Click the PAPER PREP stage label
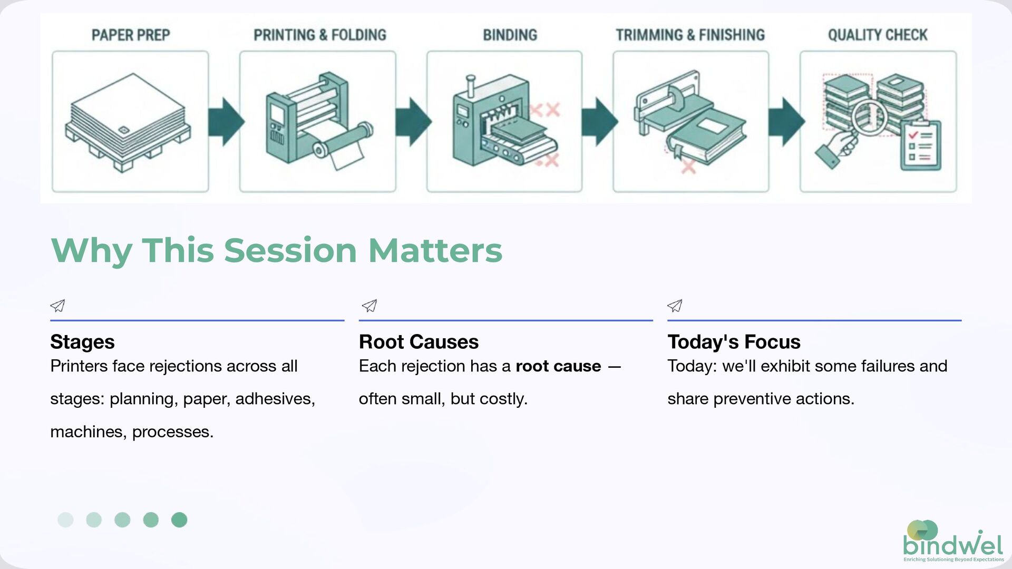pyautogui.click(x=131, y=35)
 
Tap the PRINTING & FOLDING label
pyautogui.click(x=319, y=35)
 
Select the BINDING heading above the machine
pyautogui.click(x=510, y=35)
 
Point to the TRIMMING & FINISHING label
pyautogui.click(x=690, y=35)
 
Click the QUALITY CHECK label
pyautogui.click(x=877, y=35)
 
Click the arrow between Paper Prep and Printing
pyautogui.click(x=225, y=122)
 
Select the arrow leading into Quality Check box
pyautogui.click(x=785, y=122)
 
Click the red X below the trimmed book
pyautogui.click(x=688, y=167)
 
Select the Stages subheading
pyautogui.click(x=82, y=342)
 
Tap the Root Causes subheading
pyautogui.click(x=419, y=342)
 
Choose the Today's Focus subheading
pyautogui.click(x=734, y=342)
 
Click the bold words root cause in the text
pyautogui.click(x=558, y=366)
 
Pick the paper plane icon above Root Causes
pyautogui.click(x=369, y=306)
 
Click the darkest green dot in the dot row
pyautogui.click(x=179, y=520)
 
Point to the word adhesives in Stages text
pyautogui.click(x=275, y=399)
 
